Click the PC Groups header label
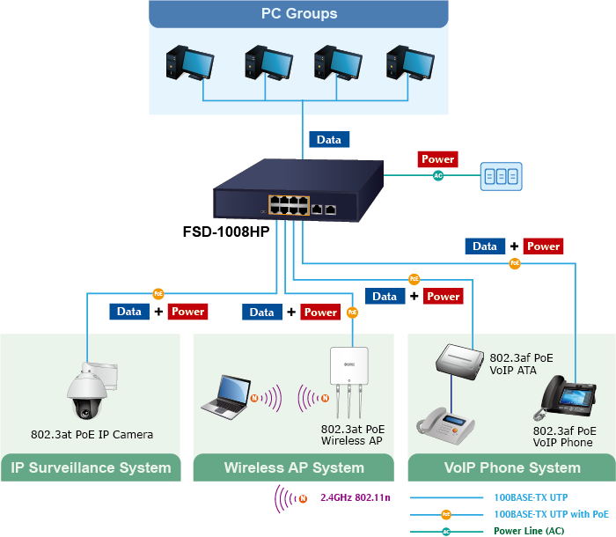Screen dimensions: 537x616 299,14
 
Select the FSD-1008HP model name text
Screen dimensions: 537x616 225,232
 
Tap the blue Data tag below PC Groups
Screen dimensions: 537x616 329,139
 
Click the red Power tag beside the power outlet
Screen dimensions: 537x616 437,159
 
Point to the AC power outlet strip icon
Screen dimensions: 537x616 501,176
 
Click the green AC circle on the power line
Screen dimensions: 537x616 438,175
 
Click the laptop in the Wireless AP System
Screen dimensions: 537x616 224,395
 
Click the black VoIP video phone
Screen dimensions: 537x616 568,398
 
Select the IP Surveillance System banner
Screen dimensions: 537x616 91,467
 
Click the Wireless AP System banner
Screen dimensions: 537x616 294,467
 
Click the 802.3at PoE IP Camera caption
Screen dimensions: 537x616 92,434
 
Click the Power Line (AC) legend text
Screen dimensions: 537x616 529,531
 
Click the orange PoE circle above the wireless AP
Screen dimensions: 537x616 352,312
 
